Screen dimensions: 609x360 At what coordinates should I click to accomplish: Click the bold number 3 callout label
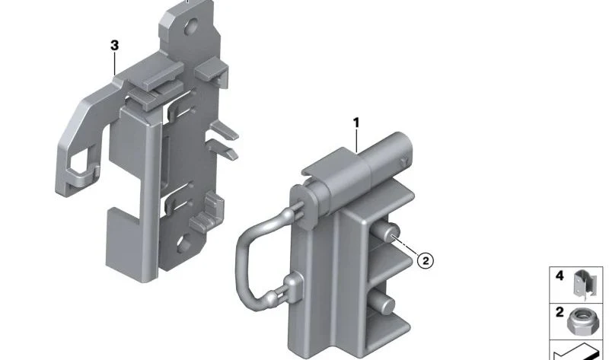point(114,46)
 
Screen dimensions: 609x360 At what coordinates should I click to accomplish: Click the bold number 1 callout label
point(356,123)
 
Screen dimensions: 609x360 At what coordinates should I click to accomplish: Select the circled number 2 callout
point(426,260)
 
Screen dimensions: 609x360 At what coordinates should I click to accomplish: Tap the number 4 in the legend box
point(560,276)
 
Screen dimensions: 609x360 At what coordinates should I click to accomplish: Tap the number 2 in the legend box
point(560,312)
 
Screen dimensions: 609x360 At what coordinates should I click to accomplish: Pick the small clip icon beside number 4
point(585,285)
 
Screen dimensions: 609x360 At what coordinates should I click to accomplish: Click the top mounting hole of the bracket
point(192,27)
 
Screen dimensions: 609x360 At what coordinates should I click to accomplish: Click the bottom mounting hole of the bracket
point(183,244)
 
